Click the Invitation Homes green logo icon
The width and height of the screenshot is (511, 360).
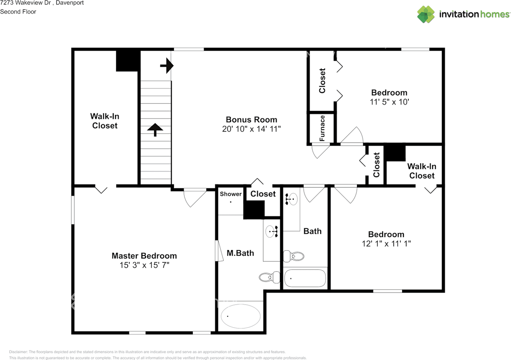pos(426,14)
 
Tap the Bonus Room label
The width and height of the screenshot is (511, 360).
pos(252,120)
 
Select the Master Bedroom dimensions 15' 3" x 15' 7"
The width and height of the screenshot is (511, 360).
pos(145,265)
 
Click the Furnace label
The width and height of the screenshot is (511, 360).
pos(322,128)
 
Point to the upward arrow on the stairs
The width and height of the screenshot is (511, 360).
pos(155,130)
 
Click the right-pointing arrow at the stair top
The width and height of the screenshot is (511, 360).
pos(167,66)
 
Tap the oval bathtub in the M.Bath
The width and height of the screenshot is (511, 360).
pos(241,316)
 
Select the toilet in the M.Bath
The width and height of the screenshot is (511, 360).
pos(269,277)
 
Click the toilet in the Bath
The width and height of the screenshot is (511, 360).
pos(293,256)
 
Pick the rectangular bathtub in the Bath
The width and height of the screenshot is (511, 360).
pos(305,278)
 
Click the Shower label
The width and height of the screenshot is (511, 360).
pos(231,194)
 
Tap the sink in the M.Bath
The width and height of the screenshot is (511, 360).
pos(272,231)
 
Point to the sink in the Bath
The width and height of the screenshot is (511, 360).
pos(291,199)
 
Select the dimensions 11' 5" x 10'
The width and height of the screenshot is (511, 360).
pos(389,102)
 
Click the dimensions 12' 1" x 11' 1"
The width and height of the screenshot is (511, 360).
pos(386,243)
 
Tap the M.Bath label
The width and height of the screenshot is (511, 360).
pos(240,253)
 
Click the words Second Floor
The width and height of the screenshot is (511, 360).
pos(18,12)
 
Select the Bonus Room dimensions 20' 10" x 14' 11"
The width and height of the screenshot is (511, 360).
pos(252,129)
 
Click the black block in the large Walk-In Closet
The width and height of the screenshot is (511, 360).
pos(128,61)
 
